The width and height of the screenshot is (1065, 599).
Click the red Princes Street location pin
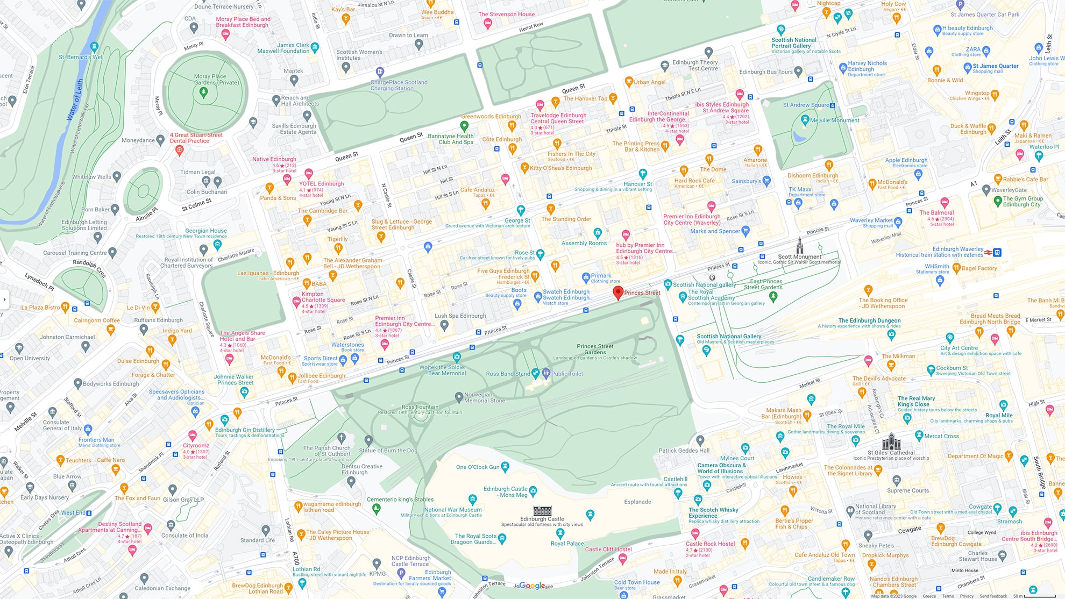click(618, 292)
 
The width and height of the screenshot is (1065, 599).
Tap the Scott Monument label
click(799, 256)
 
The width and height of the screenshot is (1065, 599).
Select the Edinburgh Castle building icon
click(542, 510)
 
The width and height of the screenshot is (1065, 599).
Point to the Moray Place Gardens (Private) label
click(216, 80)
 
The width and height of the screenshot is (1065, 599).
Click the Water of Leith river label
click(75, 100)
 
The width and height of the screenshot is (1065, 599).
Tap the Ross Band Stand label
click(508, 374)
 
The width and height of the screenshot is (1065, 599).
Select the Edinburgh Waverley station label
click(957, 249)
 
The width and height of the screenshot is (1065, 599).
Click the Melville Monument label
click(834, 120)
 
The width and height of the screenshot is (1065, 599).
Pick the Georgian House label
click(205, 231)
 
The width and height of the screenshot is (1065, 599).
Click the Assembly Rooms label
click(584, 243)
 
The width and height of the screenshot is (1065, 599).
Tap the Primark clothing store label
click(601, 275)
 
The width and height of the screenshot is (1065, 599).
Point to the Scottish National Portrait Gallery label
click(793, 43)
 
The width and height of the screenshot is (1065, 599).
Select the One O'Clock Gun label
click(478, 467)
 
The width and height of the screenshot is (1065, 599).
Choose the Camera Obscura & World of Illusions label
click(721, 468)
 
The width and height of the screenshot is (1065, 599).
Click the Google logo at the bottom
click(532, 586)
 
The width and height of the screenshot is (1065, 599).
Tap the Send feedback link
click(993, 596)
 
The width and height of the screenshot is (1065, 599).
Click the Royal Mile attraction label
click(999, 415)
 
